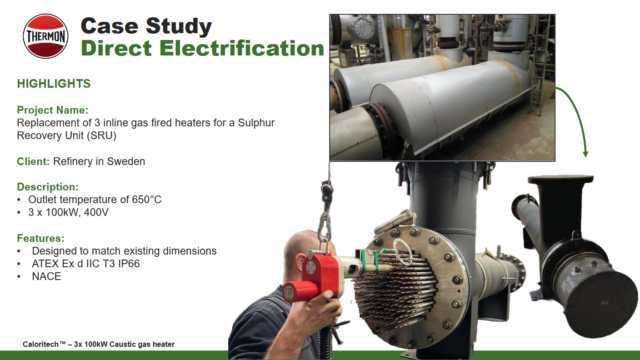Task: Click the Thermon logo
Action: pyautogui.click(x=44, y=35)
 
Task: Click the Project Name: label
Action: pyautogui.click(x=59, y=110)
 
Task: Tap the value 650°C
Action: pyautogui.click(x=141, y=199)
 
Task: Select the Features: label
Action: pyautogui.click(x=49, y=237)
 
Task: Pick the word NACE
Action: pyautogui.click(x=47, y=275)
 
